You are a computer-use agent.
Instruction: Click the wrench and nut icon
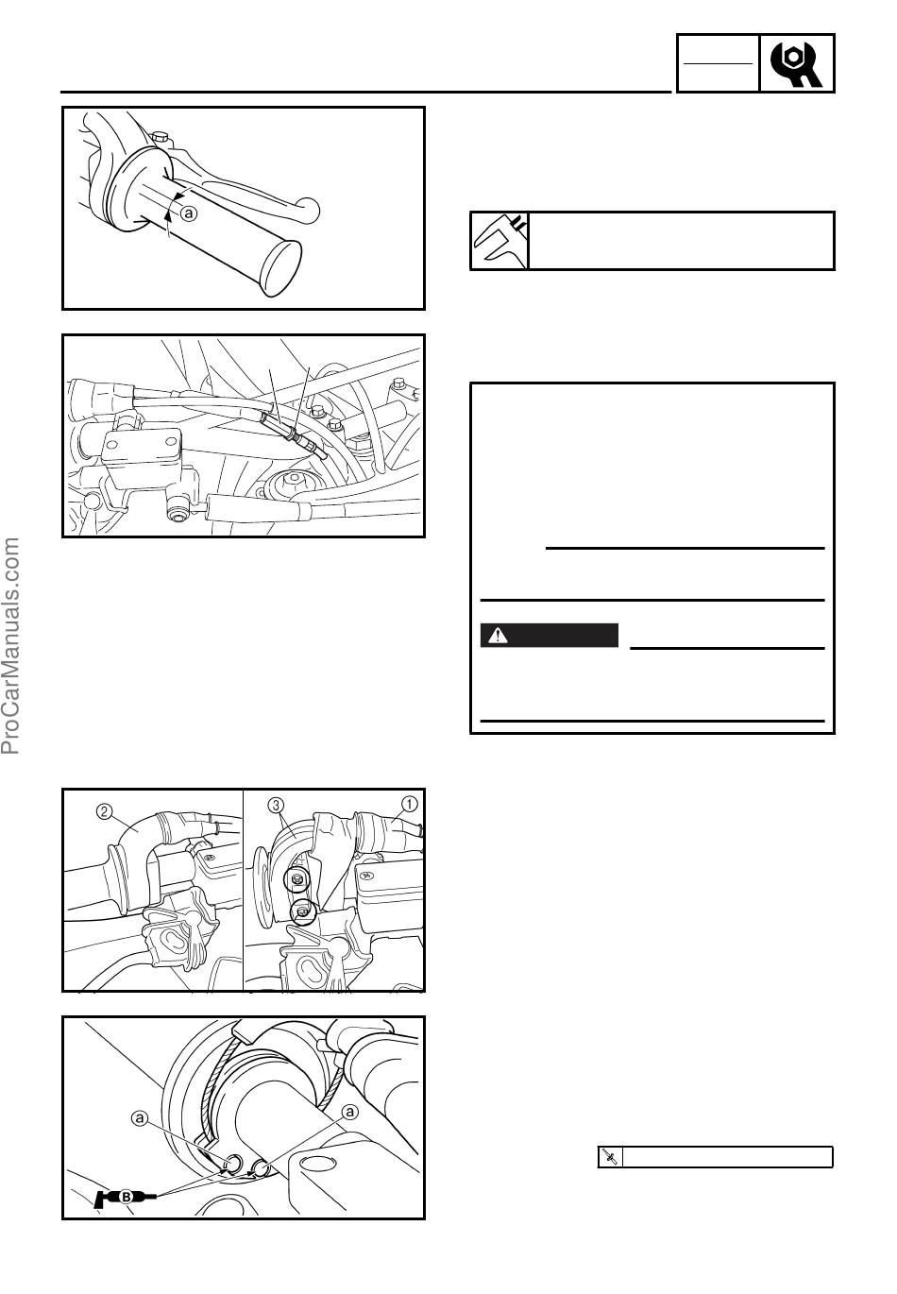[x=796, y=63]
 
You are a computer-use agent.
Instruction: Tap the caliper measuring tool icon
[x=499, y=240]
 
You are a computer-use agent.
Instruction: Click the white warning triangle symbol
[x=498, y=636]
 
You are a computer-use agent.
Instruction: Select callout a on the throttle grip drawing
[x=189, y=213]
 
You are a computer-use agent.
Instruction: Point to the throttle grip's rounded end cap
[x=280, y=268]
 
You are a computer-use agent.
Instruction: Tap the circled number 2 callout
[x=104, y=811]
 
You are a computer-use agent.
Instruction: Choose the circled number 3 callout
[x=277, y=804]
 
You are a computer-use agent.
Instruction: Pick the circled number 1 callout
[x=410, y=804]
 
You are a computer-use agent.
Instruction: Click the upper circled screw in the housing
[x=296, y=879]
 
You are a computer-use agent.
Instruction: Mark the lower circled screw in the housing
[x=303, y=912]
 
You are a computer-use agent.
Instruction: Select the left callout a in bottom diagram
[x=139, y=1118]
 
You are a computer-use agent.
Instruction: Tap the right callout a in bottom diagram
[x=350, y=1112]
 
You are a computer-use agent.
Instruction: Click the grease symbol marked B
[x=125, y=1198]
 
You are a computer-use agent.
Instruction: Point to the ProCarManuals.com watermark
[x=11, y=646]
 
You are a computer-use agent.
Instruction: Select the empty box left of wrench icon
[x=718, y=63]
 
